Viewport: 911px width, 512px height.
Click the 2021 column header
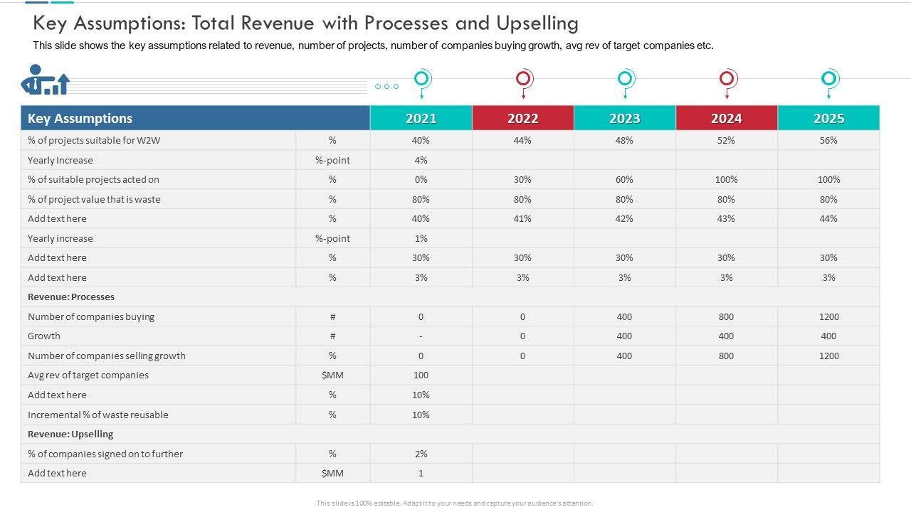tap(421, 119)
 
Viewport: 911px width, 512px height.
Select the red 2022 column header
tap(523, 119)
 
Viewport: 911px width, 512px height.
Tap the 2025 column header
tap(828, 119)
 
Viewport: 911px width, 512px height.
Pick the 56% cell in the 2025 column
tap(828, 141)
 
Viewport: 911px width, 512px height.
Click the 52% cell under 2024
tap(726, 141)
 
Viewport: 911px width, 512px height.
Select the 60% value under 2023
tap(624, 180)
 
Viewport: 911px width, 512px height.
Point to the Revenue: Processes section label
tap(71, 297)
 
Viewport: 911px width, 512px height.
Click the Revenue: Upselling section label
tap(70, 434)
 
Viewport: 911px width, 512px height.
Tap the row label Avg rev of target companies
tap(88, 375)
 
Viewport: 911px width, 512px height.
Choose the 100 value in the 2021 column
tap(421, 375)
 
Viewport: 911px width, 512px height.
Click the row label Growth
tap(44, 336)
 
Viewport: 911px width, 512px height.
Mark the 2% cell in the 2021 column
tap(421, 454)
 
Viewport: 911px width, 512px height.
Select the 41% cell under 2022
tap(522, 219)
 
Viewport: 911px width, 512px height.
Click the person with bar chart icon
tap(45, 80)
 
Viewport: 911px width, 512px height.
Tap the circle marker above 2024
tap(727, 78)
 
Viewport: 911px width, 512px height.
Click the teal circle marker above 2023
tap(625, 78)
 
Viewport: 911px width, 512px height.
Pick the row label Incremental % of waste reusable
tap(98, 415)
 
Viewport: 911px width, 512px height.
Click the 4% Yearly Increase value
tap(421, 161)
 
